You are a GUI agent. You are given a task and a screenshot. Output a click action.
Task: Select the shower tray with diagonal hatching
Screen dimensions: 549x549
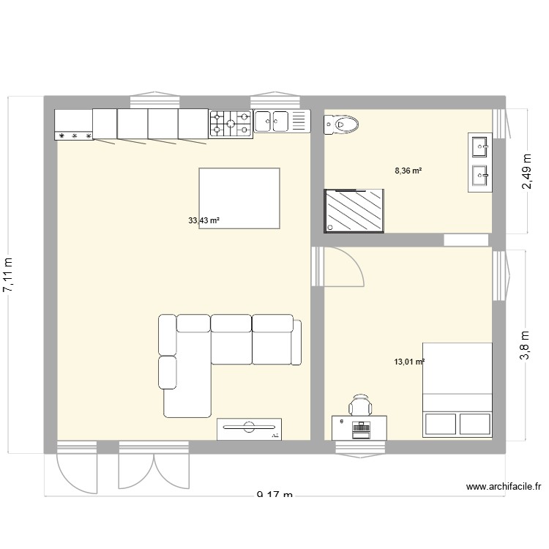(355, 211)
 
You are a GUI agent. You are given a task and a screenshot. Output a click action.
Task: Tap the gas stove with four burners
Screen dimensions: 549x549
(231, 124)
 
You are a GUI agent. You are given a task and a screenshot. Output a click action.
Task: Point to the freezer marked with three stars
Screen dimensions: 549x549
(74, 125)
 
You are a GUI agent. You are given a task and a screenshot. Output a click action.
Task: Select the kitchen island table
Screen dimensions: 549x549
(239, 198)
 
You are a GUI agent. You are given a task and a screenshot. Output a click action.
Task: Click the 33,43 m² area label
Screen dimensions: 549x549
(204, 220)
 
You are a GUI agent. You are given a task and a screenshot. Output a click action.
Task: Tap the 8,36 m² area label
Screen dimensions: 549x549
(408, 171)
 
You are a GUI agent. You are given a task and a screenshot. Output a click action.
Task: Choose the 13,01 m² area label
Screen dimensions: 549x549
(409, 362)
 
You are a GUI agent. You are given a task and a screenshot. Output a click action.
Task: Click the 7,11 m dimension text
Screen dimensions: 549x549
(9, 275)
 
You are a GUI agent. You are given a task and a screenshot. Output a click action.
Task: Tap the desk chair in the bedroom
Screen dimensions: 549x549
(359, 405)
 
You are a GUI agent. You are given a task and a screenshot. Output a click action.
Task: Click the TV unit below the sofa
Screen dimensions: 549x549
(249, 429)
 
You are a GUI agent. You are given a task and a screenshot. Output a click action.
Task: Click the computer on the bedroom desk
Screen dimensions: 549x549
(359, 429)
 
